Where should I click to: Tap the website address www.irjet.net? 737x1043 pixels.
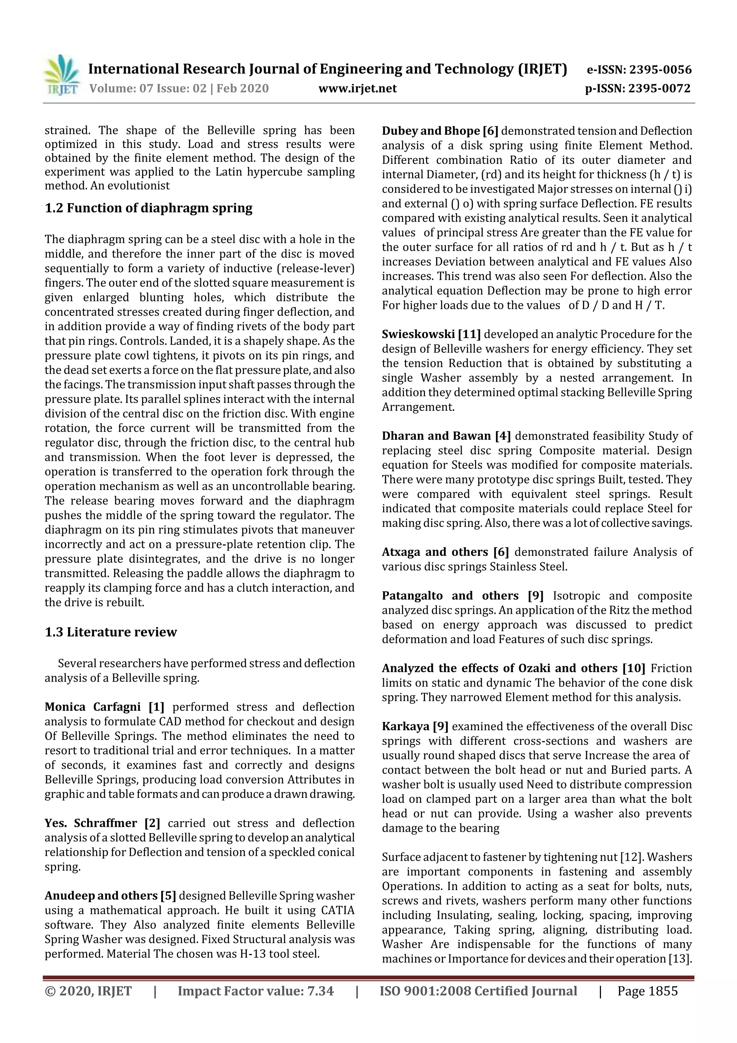coord(357,88)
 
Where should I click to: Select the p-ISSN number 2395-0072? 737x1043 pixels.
coord(659,88)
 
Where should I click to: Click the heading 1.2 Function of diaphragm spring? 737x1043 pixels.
coord(149,208)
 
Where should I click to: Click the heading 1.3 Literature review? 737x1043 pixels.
coord(111,632)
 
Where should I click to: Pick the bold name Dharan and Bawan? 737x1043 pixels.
coord(436,436)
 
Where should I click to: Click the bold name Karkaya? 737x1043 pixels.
coord(406,727)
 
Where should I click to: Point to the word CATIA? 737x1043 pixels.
coord(338,911)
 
